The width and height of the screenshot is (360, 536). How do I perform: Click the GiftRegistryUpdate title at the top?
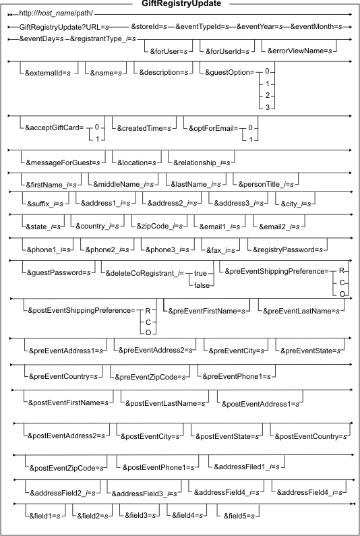tap(181, 4)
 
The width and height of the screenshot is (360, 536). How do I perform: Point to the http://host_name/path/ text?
tap(56, 14)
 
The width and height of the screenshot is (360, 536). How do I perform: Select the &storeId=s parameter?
tap(149, 27)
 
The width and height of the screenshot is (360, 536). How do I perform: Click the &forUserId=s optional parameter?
tap(227, 51)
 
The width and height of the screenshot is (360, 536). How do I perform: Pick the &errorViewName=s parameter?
tap(300, 51)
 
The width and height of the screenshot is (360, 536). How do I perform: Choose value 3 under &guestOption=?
tap(268, 107)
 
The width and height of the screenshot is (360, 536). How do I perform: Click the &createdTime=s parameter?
tap(144, 129)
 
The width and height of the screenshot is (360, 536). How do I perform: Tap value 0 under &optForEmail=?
tap(251, 128)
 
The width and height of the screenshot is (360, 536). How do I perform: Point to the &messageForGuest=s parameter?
tap(63, 163)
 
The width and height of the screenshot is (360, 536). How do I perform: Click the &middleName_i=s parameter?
tap(123, 185)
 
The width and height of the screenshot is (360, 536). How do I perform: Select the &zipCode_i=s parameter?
tap(160, 227)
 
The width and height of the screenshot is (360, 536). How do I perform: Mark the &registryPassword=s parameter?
tap(288, 250)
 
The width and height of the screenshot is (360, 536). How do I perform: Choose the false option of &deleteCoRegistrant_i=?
tap(202, 285)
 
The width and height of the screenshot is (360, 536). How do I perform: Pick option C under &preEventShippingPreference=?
tap(341, 282)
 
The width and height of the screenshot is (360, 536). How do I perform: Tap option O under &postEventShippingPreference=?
tap(148, 332)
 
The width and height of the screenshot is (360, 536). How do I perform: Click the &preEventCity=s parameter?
tap(236, 351)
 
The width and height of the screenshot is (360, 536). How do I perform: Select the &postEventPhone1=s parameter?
tap(158, 467)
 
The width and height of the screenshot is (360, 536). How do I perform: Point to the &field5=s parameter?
tap(239, 516)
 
